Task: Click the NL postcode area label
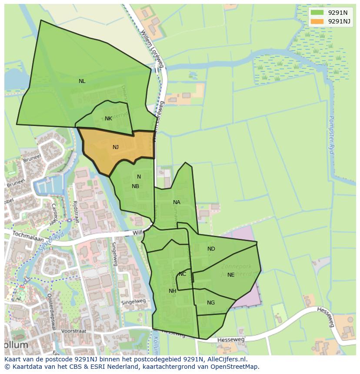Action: [x=82, y=81]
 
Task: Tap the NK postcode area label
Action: [x=108, y=119]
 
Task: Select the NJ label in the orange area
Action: [x=116, y=147]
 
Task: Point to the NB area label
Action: [x=135, y=186]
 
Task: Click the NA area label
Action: [x=177, y=202]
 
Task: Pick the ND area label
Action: [x=211, y=249]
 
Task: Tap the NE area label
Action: [x=231, y=275]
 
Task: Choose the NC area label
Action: [x=182, y=274]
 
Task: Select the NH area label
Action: [x=173, y=291]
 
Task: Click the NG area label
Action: [x=211, y=303]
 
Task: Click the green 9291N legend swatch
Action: [x=317, y=13]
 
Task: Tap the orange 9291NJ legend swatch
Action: [x=317, y=21]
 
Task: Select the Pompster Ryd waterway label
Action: [x=331, y=132]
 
